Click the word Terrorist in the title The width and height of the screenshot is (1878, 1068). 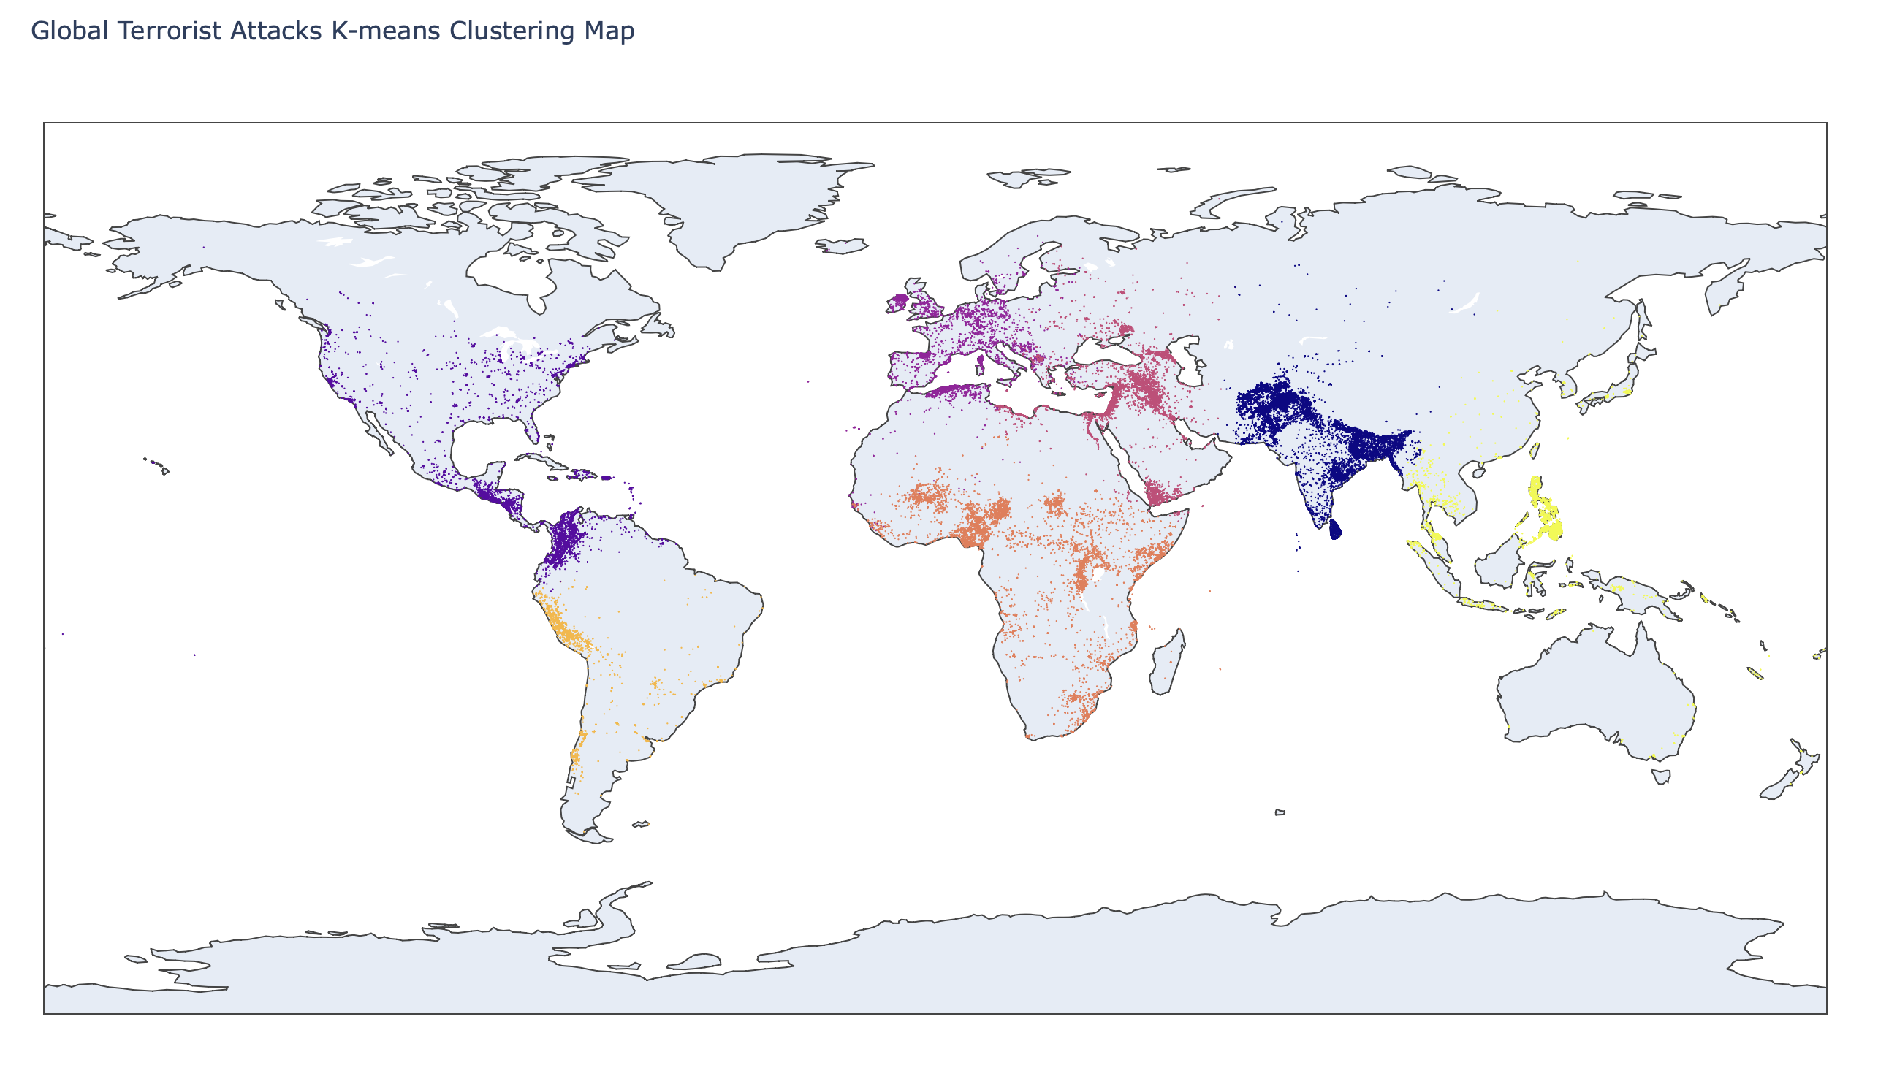169,31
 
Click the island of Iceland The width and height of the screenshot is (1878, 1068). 841,245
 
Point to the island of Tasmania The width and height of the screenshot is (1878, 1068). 1661,776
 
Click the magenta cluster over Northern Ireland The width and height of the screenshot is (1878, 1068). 899,301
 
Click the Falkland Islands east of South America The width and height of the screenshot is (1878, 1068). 640,825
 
